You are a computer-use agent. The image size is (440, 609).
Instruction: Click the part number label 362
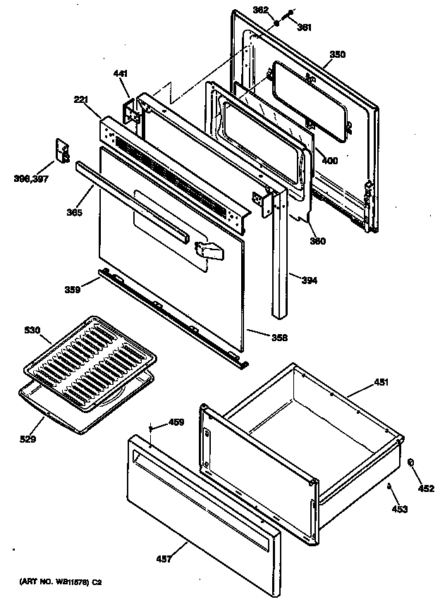click(260, 10)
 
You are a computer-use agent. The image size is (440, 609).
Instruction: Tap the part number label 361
click(304, 27)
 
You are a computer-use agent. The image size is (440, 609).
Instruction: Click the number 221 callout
click(80, 100)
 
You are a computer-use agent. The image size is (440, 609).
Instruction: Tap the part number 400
click(329, 161)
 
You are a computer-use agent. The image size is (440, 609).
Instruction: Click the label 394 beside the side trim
click(309, 280)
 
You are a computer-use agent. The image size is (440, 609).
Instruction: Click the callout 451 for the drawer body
click(381, 383)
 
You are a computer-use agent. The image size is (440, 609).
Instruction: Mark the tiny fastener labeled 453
click(389, 486)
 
